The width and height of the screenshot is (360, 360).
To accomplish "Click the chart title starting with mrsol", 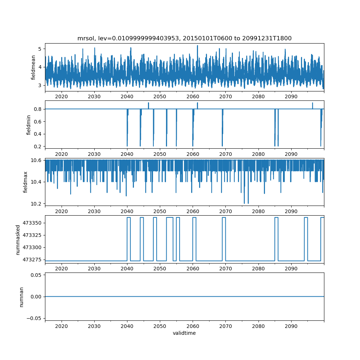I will point(184,38).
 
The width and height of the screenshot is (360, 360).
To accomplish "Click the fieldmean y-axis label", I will point(33,67).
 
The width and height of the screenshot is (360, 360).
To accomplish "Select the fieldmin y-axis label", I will point(29,124).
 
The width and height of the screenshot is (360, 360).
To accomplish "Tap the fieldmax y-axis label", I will point(26,182).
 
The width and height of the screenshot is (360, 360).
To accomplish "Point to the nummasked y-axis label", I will point(18,240).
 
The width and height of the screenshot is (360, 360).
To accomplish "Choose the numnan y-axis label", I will point(21,297).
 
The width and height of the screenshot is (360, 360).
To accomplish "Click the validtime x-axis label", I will point(184,333).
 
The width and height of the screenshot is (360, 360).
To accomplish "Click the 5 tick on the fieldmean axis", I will point(40,49).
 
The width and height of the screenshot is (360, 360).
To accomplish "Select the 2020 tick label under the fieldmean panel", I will point(62,96).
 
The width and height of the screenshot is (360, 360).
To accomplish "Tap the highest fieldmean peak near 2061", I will point(197,46).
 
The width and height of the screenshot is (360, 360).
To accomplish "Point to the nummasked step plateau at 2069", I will point(224,217).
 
